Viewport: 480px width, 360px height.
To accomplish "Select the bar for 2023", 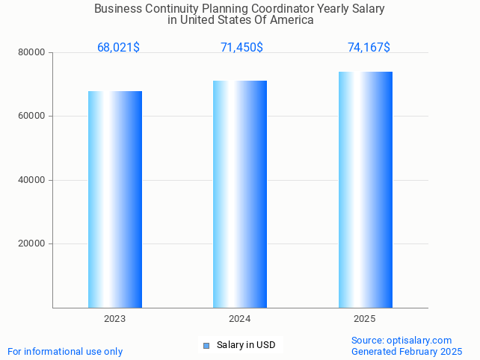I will pyautogui.click(x=115, y=199).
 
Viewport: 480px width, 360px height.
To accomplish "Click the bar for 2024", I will pyautogui.click(x=240, y=194).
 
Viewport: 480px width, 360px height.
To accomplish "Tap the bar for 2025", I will pyautogui.click(x=365, y=190).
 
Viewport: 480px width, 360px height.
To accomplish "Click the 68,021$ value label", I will pyautogui.click(x=118, y=48).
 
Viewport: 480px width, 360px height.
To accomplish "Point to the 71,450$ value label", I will pyautogui.click(x=241, y=48).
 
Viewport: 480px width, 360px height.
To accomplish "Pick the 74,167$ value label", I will pyautogui.click(x=369, y=48).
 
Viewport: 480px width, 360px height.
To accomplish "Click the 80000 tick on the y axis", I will pyautogui.click(x=32, y=53).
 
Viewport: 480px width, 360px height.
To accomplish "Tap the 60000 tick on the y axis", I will pyautogui.click(x=32, y=117).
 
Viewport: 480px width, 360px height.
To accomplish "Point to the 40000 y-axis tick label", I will pyautogui.click(x=32, y=180).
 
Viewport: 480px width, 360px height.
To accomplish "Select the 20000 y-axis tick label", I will pyautogui.click(x=32, y=243).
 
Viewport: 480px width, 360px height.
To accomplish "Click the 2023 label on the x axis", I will pyautogui.click(x=115, y=319).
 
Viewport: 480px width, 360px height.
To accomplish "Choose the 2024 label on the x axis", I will pyautogui.click(x=240, y=319).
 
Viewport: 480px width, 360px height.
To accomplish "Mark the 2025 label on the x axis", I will pyautogui.click(x=365, y=319).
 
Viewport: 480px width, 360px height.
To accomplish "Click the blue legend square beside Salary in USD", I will pyautogui.click(x=207, y=345).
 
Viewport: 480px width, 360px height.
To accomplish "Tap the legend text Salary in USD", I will pyautogui.click(x=246, y=345).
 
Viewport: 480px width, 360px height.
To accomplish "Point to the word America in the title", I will pyautogui.click(x=293, y=20).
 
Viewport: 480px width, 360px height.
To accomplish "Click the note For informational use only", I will pyautogui.click(x=65, y=352).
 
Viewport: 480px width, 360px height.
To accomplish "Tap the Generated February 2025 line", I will pyautogui.click(x=407, y=352).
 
